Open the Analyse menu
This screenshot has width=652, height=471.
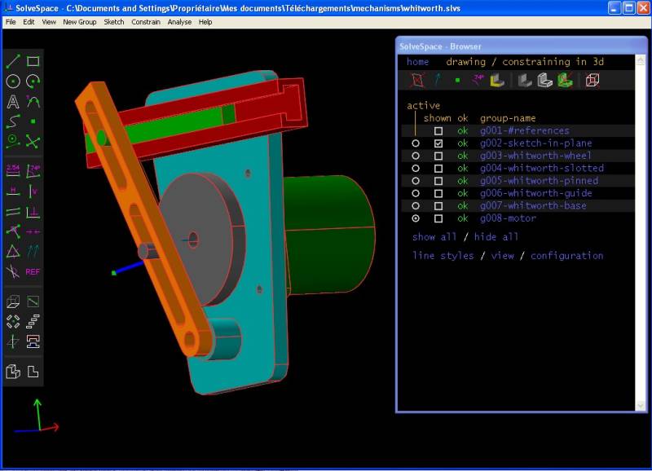[x=179, y=22]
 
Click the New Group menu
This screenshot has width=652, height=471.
[x=79, y=22]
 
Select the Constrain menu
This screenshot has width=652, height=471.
[x=146, y=22]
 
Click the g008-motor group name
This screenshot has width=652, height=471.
[x=508, y=218]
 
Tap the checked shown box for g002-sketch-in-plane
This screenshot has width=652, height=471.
[x=438, y=143]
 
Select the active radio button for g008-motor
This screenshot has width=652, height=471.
[x=416, y=218]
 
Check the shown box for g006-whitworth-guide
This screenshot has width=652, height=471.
[x=438, y=193]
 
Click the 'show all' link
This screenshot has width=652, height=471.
[x=434, y=237]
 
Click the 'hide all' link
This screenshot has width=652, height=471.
[x=496, y=237]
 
